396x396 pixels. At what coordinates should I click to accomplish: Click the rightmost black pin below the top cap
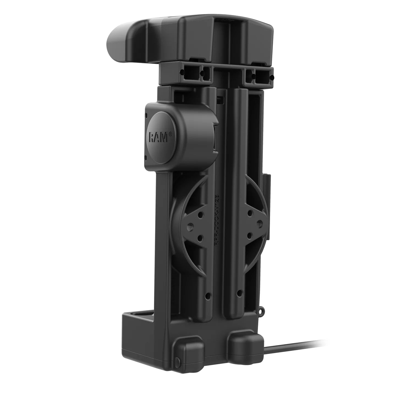point(272,78)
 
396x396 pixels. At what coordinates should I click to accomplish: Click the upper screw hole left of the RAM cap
point(146,115)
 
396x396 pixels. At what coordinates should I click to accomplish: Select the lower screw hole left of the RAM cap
point(147,157)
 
